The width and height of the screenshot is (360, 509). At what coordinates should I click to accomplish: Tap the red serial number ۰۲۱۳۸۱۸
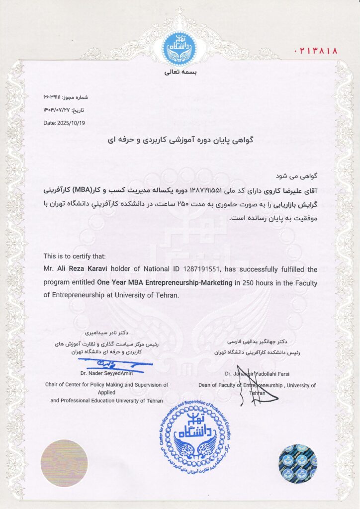(x=316, y=50)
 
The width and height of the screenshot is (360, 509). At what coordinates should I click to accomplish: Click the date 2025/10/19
(x=64, y=123)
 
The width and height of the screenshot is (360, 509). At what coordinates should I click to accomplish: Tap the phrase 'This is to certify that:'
(x=75, y=256)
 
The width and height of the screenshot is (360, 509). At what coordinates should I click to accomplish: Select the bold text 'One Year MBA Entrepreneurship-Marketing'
(x=165, y=282)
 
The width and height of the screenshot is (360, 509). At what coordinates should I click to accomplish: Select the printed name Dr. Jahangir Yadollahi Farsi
(x=257, y=373)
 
